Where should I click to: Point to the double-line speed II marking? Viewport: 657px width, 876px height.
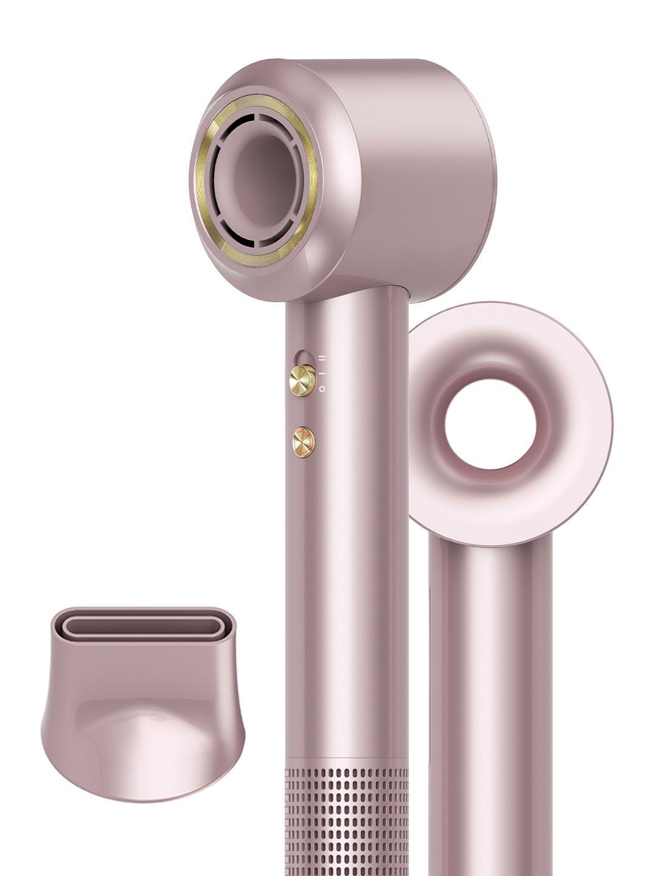point(322,359)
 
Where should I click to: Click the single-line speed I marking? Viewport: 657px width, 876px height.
point(322,373)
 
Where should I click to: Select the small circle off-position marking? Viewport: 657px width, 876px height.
point(322,388)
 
